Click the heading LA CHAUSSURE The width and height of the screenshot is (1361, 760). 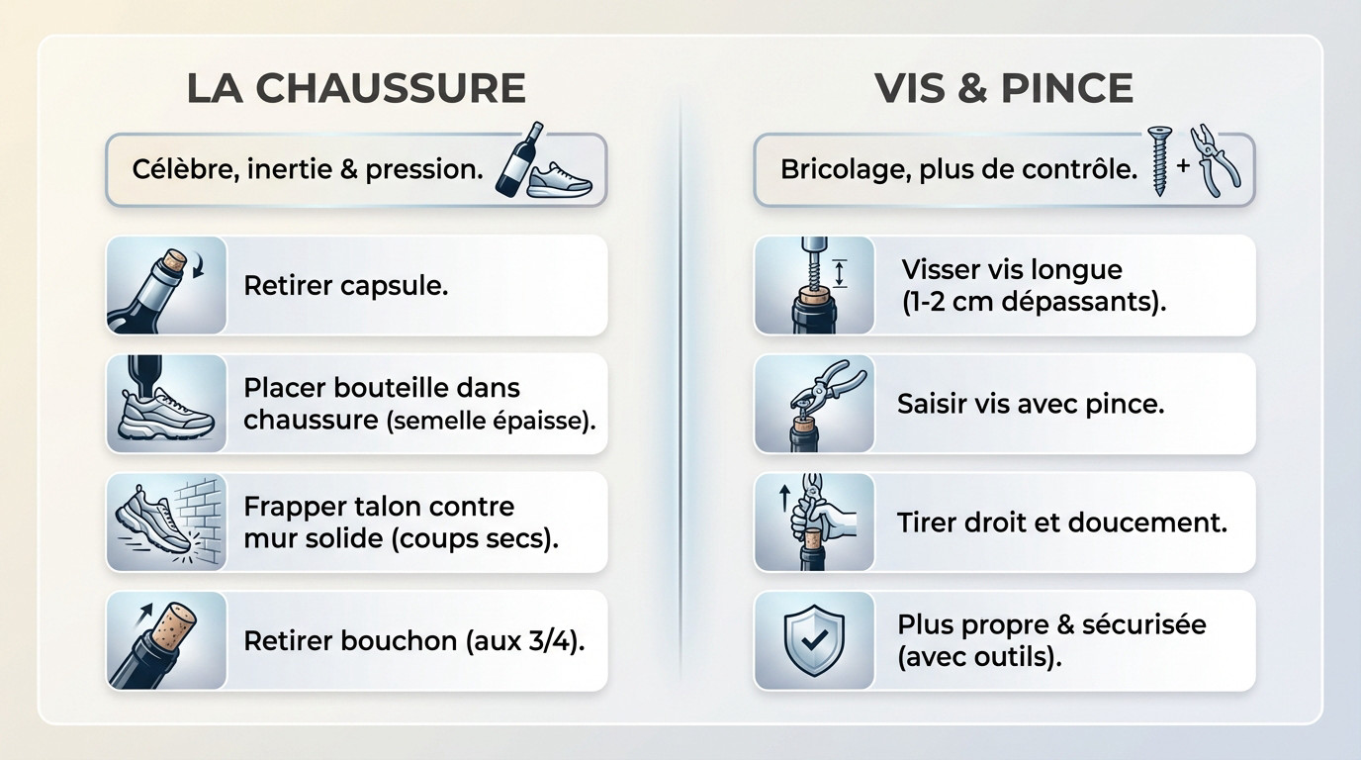pyautogui.click(x=356, y=87)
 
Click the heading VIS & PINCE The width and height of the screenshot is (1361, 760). pyautogui.click(x=1004, y=87)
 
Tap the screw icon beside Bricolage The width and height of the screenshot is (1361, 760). pyautogui.click(x=1159, y=160)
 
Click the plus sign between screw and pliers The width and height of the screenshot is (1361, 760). pyautogui.click(x=1182, y=165)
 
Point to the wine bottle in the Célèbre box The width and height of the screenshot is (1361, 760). pyautogui.click(x=519, y=159)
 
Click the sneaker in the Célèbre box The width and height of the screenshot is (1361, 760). pyautogui.click(x=559, y=179)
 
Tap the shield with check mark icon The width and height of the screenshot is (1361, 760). pyautogui.click(x=814, y=639)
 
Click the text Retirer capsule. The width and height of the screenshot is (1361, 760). pyautogui.click(x=346, y=285)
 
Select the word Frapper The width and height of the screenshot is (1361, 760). pyautogui.click(x=292, y=508)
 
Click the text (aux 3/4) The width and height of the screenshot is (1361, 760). pyautogui.click(x=525, y=641)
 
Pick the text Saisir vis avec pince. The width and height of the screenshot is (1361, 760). pyautogui.click(x=1031, y=404)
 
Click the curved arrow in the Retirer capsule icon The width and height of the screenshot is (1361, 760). pyautogui.click(x=198, y=267)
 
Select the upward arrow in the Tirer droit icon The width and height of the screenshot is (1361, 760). pyautogui.click(x=783, y=497)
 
